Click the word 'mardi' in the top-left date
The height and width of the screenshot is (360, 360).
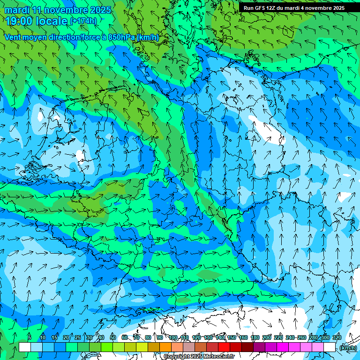click(15, 10)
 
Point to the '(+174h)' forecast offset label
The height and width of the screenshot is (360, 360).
click(83, 21)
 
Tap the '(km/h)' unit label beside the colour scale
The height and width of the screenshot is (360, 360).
click(348, 348)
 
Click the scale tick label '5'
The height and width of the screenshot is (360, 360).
click(30, 337)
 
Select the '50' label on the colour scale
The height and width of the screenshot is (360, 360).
click(113, 337)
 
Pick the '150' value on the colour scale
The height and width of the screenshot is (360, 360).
click(232, 337)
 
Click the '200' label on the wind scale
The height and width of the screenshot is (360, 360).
click(267, 337)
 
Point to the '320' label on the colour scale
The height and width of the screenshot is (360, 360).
click(337, 337)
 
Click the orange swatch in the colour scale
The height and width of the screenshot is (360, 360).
click(165, 347)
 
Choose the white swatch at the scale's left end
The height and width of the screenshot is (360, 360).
click(25, 347)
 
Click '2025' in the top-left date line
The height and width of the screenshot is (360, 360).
click(100, 10)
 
